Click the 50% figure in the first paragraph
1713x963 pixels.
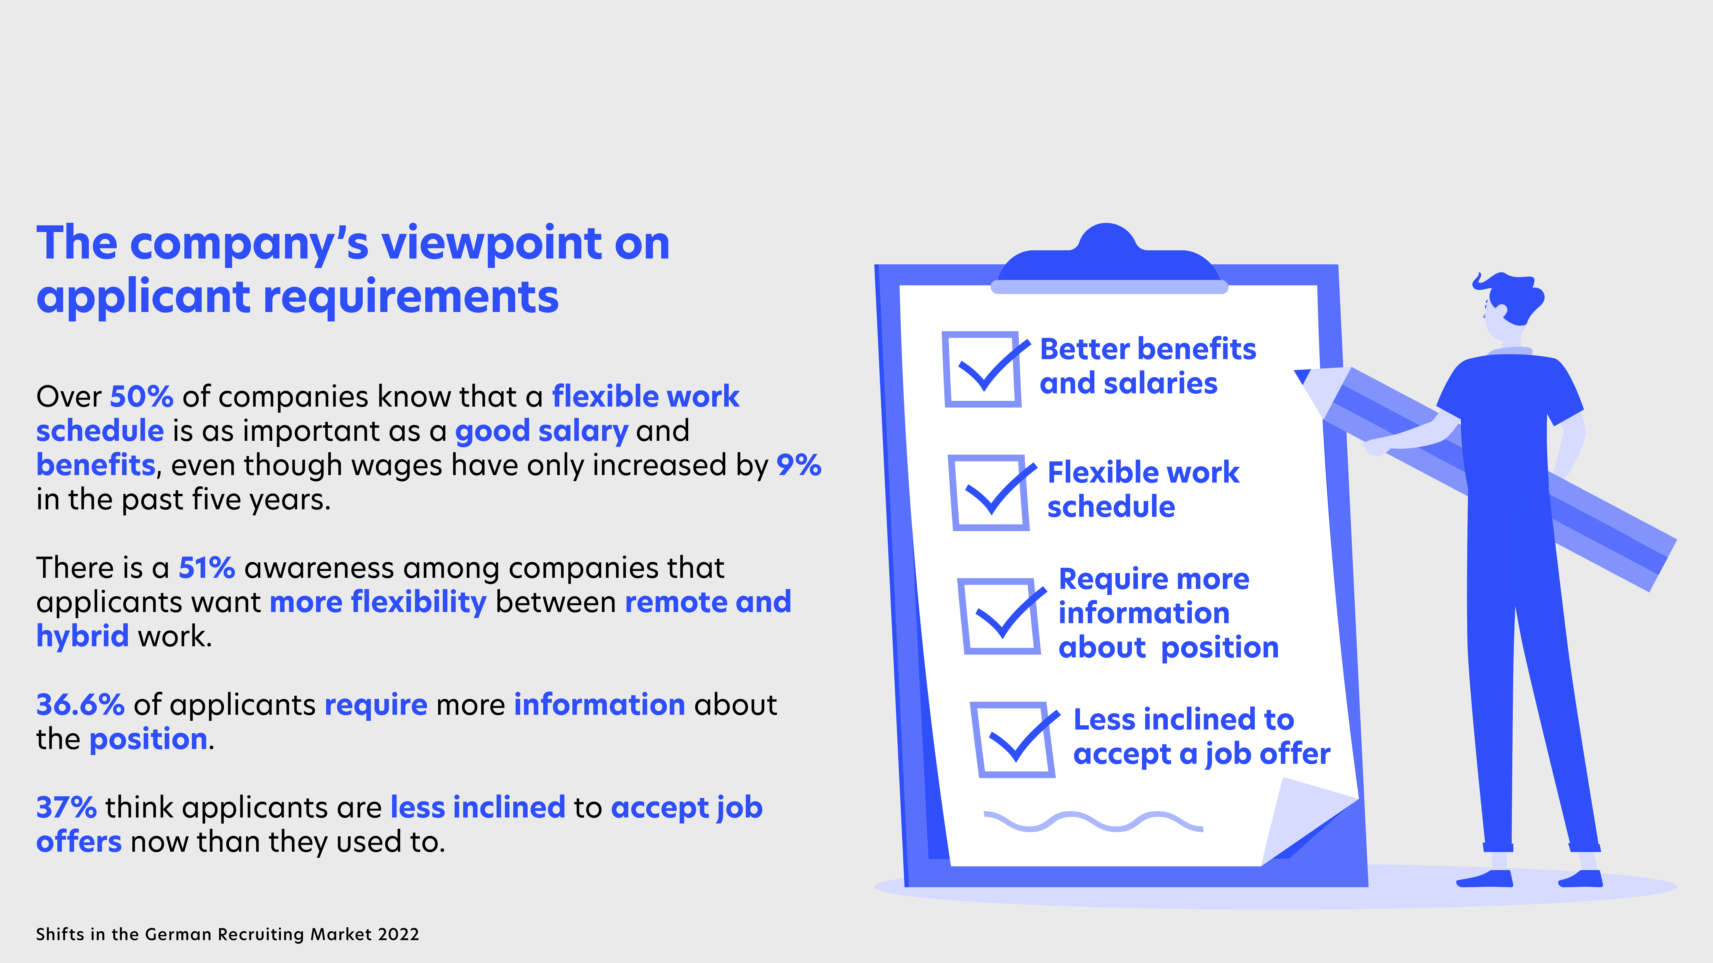(x=142, y=397)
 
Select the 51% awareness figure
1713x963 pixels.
(x=207, y=568)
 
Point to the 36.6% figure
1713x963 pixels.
(x=81, y=705)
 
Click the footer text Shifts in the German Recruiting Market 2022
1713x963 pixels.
(x=227, y=934)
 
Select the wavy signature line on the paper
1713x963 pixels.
(x=1093, y=822)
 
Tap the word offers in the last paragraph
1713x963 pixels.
(x=79, y=842)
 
